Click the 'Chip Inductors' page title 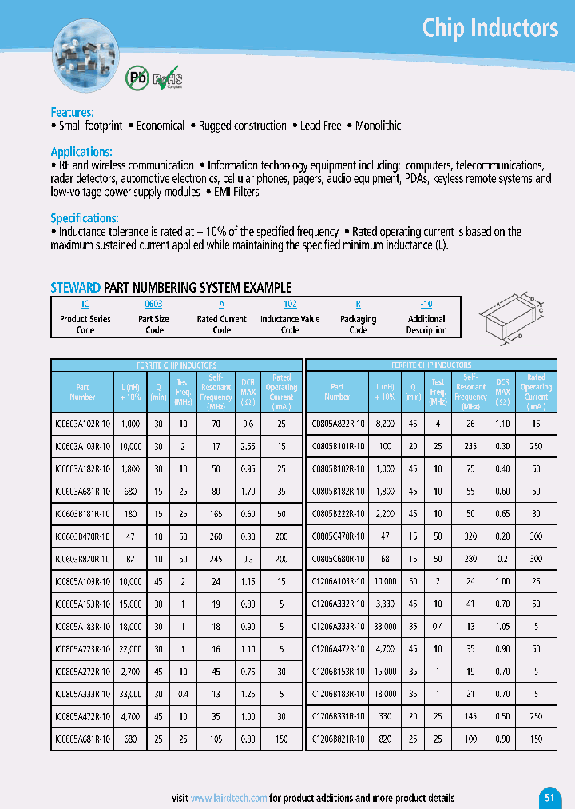tap(490, 28)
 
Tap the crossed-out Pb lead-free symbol tap(137, 78)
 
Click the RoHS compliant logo tap(169, 79)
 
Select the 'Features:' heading tap(72, 112)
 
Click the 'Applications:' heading tap(81, 152)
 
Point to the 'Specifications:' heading tap(85, 218)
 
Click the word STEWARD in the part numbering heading tap(76, 287)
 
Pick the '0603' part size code tap(153, 305)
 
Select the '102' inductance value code tap(290, 305)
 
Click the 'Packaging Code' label tap(358, 324)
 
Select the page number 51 tap(549, 797)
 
